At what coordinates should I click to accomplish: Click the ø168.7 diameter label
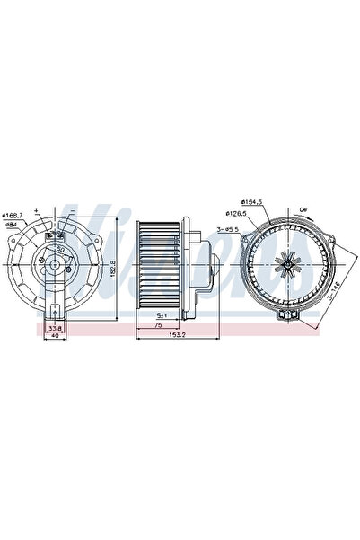(x=17, y=213)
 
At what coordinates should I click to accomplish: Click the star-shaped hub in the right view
(x=285, y=267)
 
